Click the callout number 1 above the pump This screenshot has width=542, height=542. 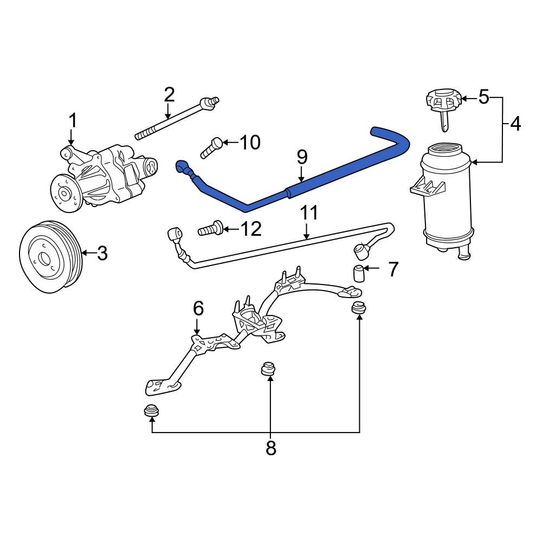[x=73, y=121]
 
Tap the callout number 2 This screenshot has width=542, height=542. [x=169, y=94]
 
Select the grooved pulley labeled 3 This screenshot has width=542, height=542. [x=51, y=256]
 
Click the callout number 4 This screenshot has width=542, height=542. [x=515, y=124]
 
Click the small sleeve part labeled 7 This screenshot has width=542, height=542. [x=359, y=273]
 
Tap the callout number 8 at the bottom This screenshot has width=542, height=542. [x=270, y=448]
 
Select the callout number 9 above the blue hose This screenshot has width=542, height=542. [x=302, y=157]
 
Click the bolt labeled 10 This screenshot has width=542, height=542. [x=211, y=147]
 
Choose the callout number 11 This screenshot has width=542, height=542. [x=309, y=213]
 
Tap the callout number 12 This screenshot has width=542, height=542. [x=251, y=229]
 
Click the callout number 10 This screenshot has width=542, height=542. [x=250, y=142]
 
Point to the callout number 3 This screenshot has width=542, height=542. [x=102, y=253]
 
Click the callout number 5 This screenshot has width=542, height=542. [x=484, y=97]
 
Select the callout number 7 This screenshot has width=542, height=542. [x=393, y=269]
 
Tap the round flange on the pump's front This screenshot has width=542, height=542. [x=66, y=193]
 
